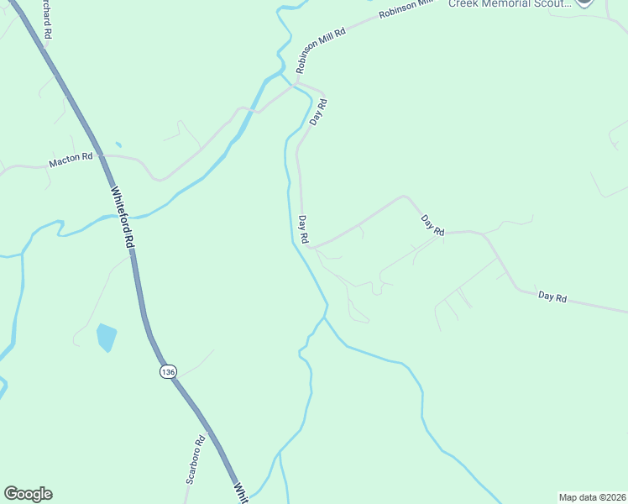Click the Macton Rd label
pyautogui.click(x=71, y=160)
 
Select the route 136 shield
pyautogui.click(x=169, y=371)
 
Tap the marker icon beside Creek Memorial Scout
pyautogui.click(x=585, y=3)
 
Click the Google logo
pyautogui.click(x=28, y=494)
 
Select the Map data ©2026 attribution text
pyautogui.click(x=593, y=496)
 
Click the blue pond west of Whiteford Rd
pyautogui.click(x=106, y=337)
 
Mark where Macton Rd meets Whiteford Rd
pyautogui.click(x=102, y=155)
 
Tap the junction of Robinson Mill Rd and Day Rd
pyautogui.click(x=296, y=83)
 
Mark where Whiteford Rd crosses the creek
pyautogui.click(x=126, y=216)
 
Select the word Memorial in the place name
pyautogui.click(x=512, y=3)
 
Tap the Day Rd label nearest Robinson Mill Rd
pyautogui.click(x=317, y=113)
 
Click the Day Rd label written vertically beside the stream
pyautogui.click(x=304, y=229)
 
